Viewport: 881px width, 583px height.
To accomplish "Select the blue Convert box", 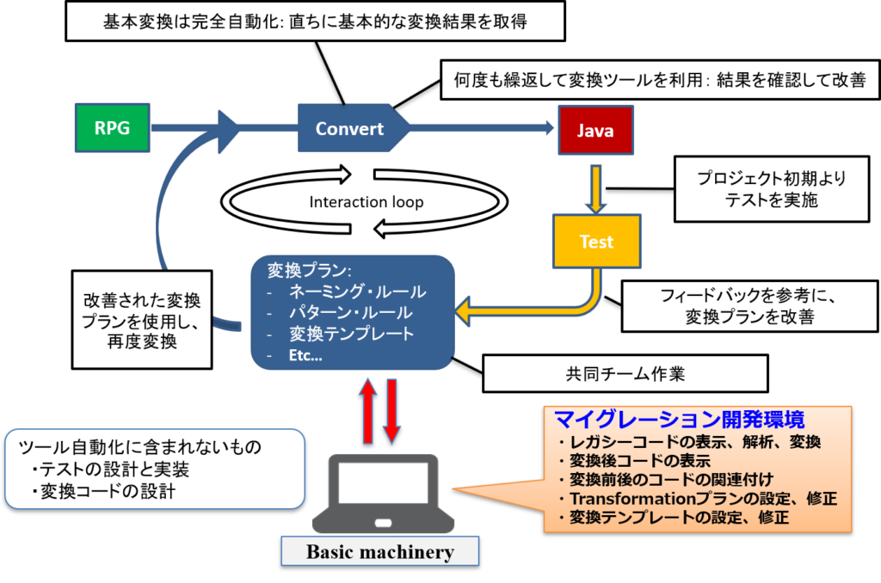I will click(x=349, y=128).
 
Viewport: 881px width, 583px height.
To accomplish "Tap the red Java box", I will click(x=595, y=131).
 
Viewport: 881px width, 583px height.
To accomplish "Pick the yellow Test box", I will click(x=596, y=242).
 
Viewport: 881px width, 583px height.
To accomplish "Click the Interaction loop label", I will click(x=367, y=202).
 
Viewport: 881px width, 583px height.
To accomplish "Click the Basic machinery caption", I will click(x=379, y=551).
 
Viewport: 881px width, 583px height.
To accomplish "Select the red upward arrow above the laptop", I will click(x=367, y=411).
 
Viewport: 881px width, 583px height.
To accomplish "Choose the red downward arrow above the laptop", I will click(x=391, y=411).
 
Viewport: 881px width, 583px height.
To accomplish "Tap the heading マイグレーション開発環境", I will click(x=679, y=420).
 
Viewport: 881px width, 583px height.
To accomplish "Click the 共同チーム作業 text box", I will click(x=625, y=374).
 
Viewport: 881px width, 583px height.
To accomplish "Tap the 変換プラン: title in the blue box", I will click(x=305, y=270).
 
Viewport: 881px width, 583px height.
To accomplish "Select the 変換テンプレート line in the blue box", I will click(x=353, y=334).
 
